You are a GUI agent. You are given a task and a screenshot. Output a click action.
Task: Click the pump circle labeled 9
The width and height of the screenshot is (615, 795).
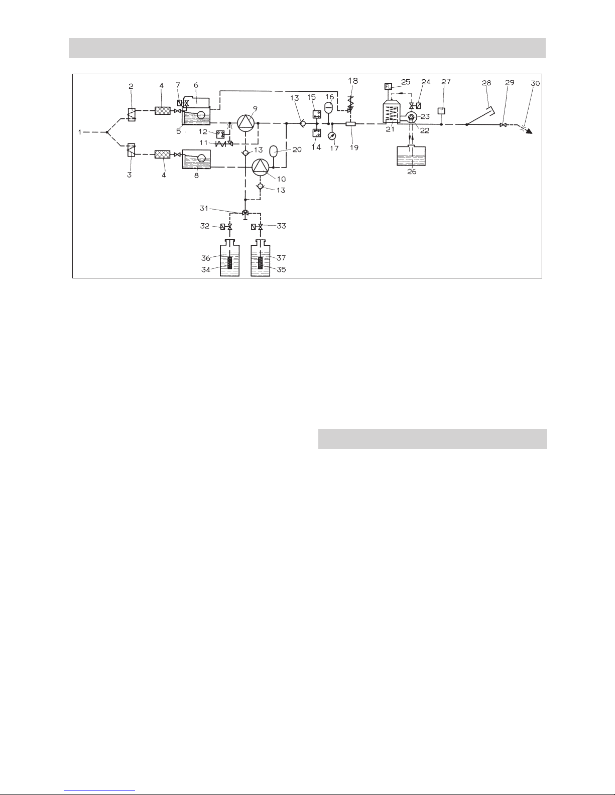click(x=245, y=122)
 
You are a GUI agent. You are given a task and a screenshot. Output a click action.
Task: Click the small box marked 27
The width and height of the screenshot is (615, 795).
click(x=441, y=111)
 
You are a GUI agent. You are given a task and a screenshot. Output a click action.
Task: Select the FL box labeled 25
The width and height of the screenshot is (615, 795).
click(x=388, y=87)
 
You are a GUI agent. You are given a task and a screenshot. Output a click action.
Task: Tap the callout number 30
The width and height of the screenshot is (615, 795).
click(x=535, y=84)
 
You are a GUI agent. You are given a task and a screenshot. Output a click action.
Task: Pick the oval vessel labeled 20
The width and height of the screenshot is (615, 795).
click(x=274, y=150)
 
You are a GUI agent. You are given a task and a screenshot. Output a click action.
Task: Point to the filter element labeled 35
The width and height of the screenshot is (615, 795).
click(x=261, y=263)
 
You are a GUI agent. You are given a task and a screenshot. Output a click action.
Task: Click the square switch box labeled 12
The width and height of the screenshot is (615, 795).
click(x=220, y=134)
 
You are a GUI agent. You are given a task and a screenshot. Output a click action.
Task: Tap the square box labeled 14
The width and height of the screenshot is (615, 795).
click(x=317, y=133)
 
